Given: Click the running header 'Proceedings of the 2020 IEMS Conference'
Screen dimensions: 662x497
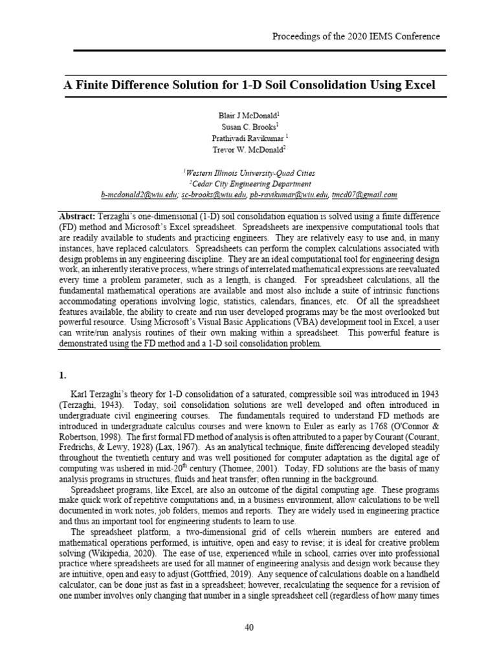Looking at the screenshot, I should (x=356, y=36).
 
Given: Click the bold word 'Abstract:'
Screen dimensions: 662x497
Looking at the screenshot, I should (x=77, y=215).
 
